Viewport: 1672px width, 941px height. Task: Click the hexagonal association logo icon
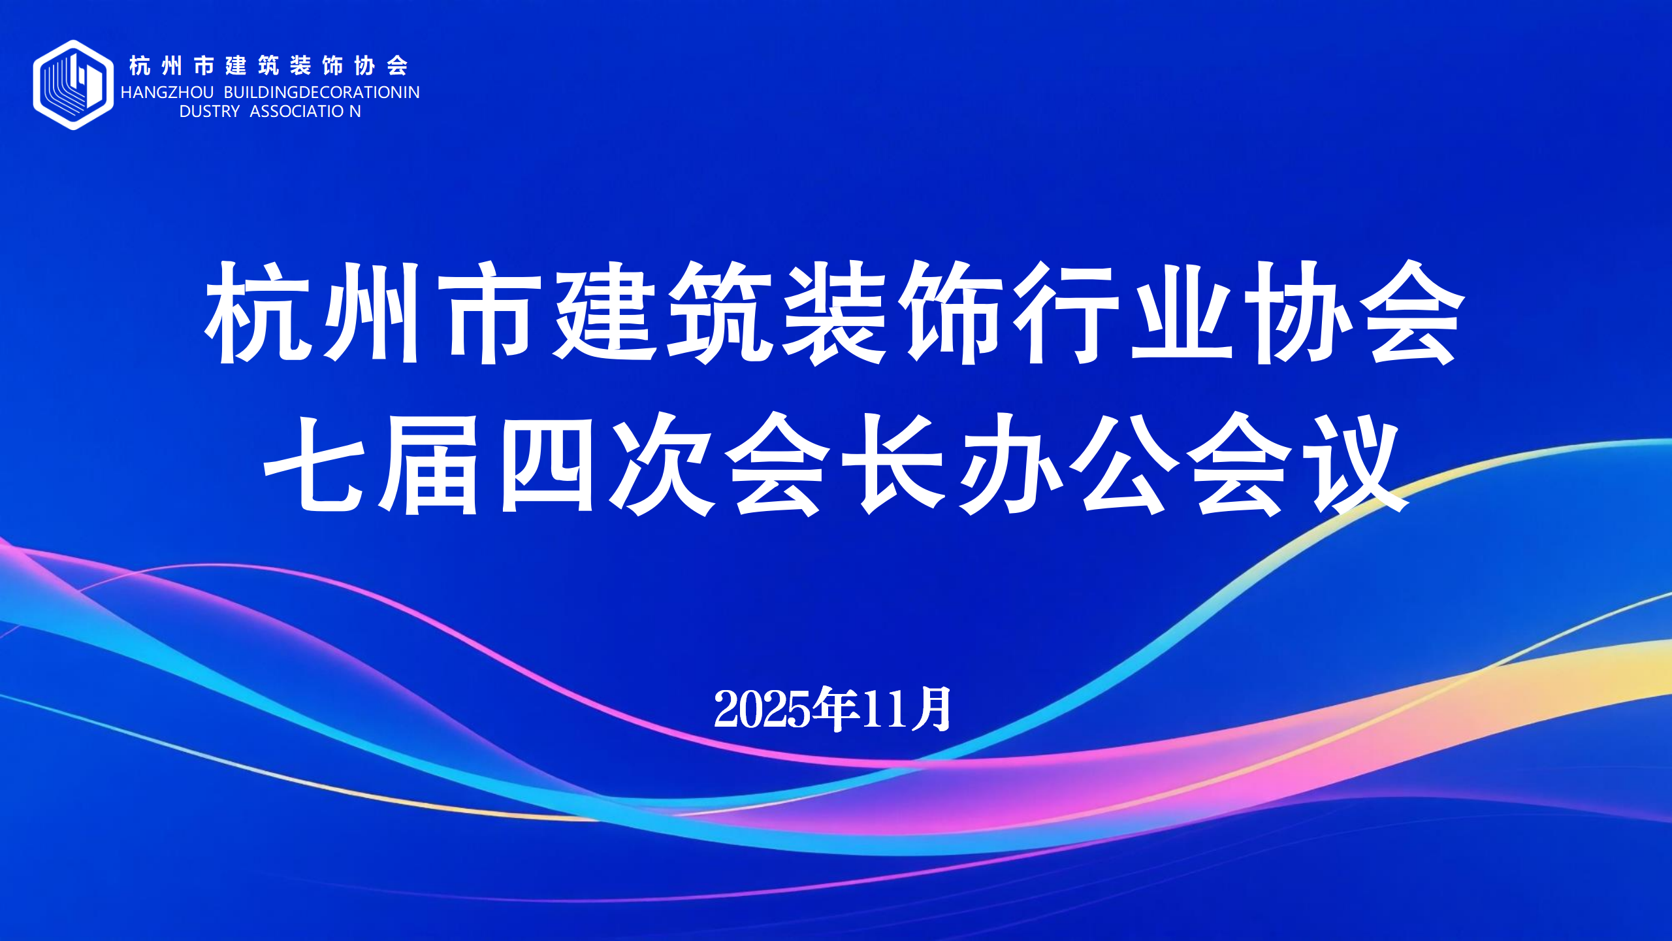73,85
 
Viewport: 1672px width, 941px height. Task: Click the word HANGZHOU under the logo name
167,93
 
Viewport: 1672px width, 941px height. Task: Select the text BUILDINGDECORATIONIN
321,93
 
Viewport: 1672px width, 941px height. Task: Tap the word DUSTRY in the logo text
209,112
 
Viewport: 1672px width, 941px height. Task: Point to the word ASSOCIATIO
297,112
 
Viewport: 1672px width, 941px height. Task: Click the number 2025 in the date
762,710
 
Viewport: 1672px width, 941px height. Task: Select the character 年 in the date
835,710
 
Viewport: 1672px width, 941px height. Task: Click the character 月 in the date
931,710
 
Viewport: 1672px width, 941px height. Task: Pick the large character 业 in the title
1181,312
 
